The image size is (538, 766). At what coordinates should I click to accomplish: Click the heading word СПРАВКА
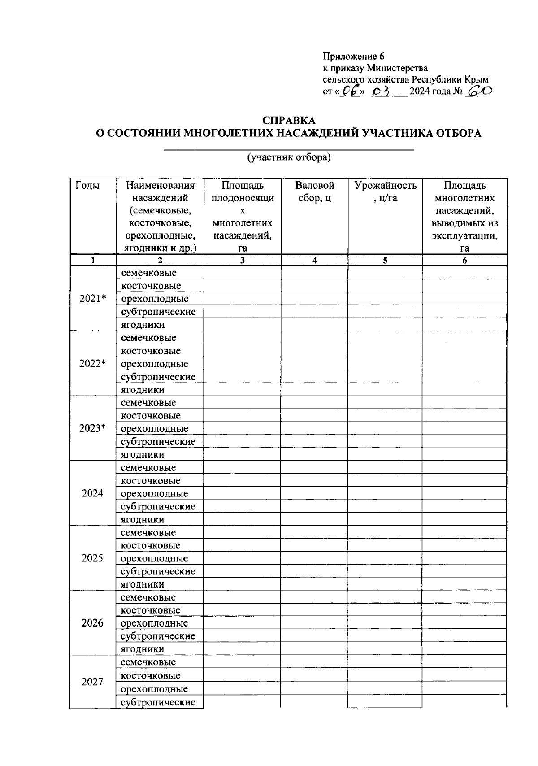pyautogui.click(x=289, y=120)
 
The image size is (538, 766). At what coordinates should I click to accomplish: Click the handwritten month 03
pyautogui.click(x=381, y=91)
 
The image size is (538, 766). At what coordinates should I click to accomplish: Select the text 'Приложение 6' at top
pyautogui.click(x=354, y=57)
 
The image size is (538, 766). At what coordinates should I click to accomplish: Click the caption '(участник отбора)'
pyautogui.click(x=289, y=157)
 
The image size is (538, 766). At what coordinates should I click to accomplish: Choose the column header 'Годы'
pyautogui.click(x=87, y=186)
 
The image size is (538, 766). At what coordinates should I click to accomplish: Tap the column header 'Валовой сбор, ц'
pyautogui.click(x=315, y=192)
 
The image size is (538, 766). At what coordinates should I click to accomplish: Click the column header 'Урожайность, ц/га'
pyautogui.click(x=385, y=192)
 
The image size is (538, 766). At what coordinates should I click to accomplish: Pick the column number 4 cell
pyautogui.click(x=315, y=261)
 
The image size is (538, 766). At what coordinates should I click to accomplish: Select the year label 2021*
pyautogui.click(x=92, y=299)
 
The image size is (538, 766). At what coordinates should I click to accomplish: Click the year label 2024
pyautogui.click(x=92, y=493)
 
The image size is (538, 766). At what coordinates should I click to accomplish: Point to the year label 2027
pyautogui.click(x=92, y=682)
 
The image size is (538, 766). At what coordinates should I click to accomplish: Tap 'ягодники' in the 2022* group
pyautogui.click(x=143, y=390)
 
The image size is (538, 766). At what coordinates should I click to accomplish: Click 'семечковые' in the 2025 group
pyautogui.click(x=148, y=533)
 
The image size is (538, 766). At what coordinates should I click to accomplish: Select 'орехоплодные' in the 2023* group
pyautogui.click(x=155, y=429)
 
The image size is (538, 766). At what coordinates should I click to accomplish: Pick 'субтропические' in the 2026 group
pyautogui.click(x=158, y=636)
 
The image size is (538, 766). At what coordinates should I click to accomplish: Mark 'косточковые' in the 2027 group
pyautogui.click(x=151, y=675)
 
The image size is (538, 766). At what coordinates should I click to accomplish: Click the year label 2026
pyautogui.click(x=92, y=623)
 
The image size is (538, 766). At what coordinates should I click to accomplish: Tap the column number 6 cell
pyautogui.click(x=464, y=261)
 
